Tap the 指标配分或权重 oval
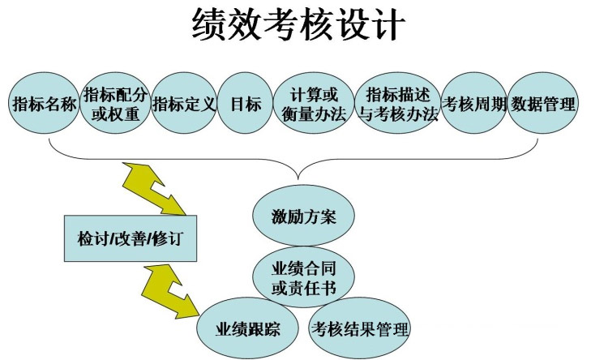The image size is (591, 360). [x=115, y=104]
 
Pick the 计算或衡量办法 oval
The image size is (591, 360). [x=311, y=104]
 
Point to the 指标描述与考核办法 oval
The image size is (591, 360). [x=397, y=104]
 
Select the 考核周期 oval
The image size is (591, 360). [x=473, y=105]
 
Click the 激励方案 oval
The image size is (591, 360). [x=303, y=216]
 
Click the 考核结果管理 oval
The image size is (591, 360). [x=360, y=329]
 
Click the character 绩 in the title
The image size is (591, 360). [x=210, y=24]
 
